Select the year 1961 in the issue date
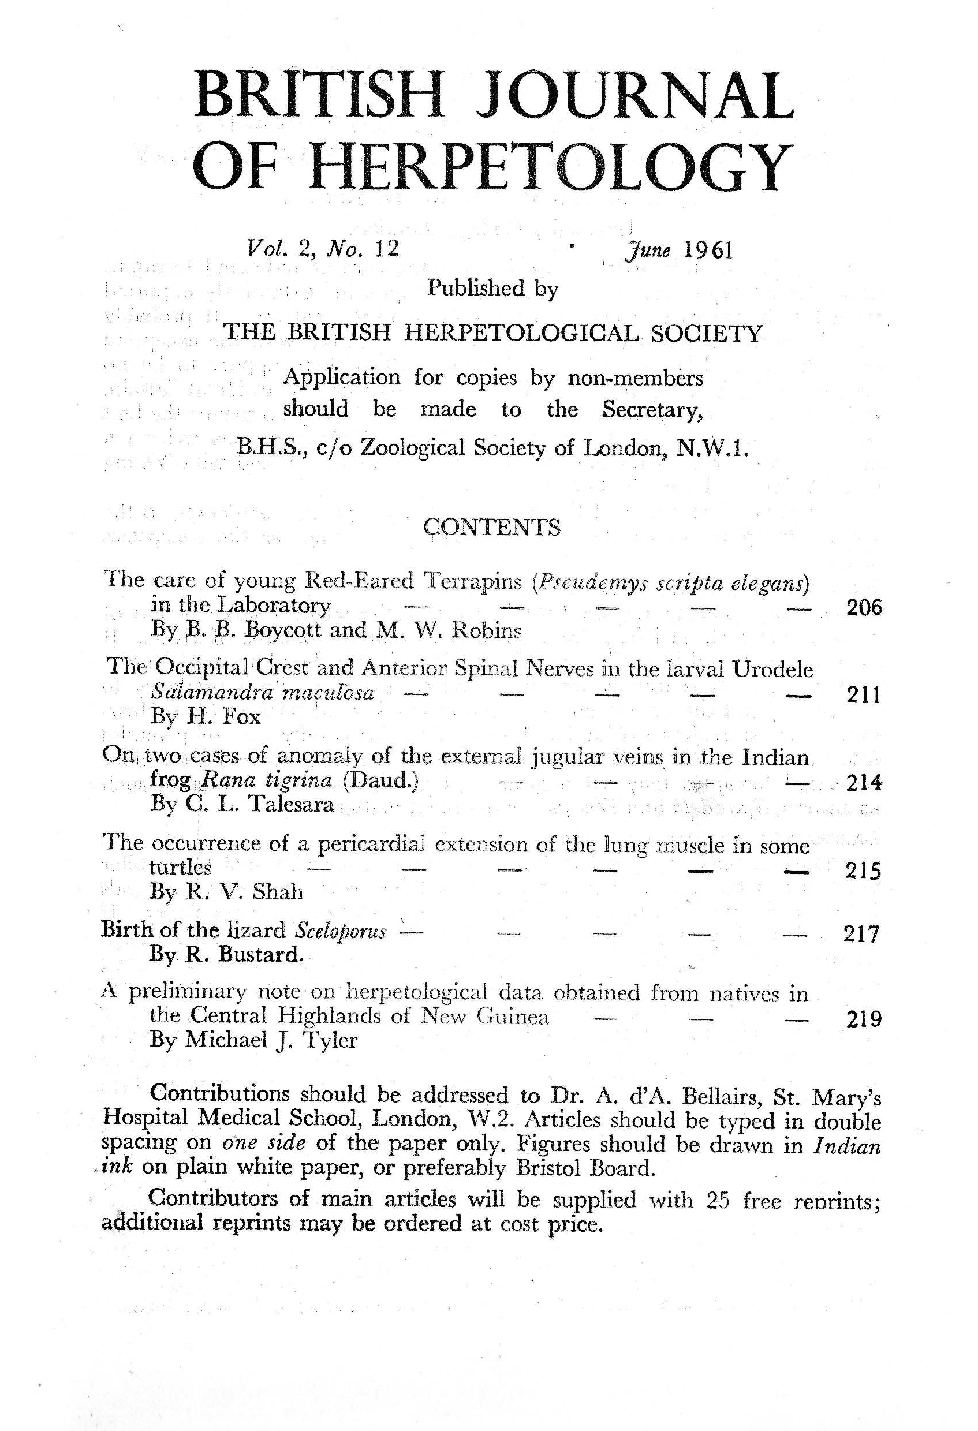708,250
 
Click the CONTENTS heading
491,528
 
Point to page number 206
864,608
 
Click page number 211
864,695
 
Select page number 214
864,783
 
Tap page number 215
864,870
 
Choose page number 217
860,934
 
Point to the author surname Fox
240,718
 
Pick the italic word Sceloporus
341,931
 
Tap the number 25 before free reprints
718,1200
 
